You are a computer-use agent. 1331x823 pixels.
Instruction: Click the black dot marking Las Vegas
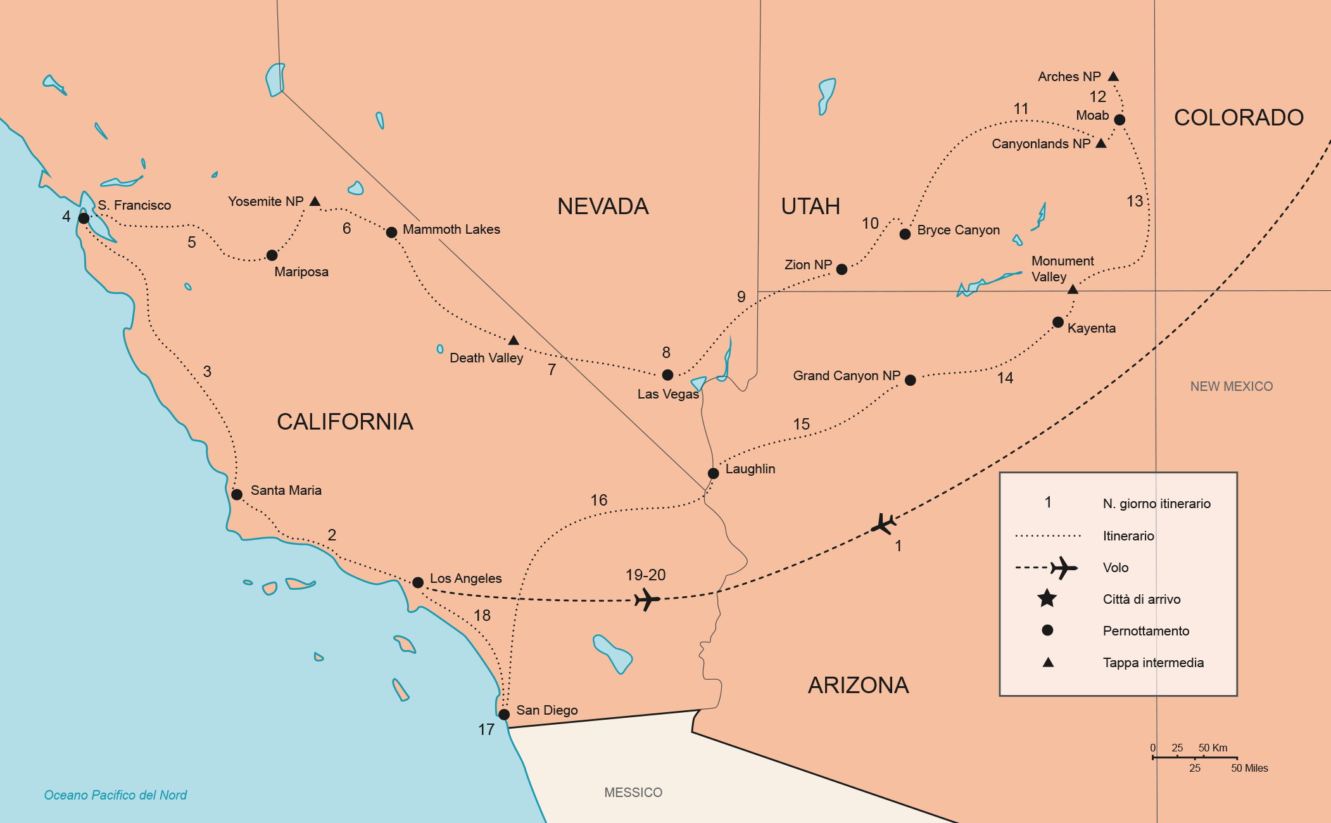coord(667,374)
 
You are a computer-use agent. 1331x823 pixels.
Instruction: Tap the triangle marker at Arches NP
coord(1113,77)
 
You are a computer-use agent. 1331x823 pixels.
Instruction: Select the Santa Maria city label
coord(286,490)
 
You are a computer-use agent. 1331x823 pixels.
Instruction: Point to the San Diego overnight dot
coord(504,715)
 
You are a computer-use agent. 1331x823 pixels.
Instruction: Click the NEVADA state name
coord(603,207)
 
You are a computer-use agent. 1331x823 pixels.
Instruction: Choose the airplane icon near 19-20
coord(647,599)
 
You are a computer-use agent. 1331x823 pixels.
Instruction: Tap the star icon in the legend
coord(1047,598)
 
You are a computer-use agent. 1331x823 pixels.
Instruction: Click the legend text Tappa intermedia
coord(1153,663)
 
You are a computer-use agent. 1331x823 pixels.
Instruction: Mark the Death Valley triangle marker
coord(514,341)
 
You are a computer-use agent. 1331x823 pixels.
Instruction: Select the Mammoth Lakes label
coord(451,229)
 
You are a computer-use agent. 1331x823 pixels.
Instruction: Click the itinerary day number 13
coord(1135,201)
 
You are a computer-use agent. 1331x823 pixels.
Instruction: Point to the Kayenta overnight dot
coord(1057,322)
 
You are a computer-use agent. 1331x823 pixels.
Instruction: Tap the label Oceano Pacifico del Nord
coord(115,795)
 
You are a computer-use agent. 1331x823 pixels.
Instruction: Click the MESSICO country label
coord(633,793)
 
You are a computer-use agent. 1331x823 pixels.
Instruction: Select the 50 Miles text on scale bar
coord(1249,769)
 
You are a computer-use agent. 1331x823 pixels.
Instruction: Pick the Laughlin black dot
coord(713,473)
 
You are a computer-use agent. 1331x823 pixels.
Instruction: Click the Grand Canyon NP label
coord(846,376)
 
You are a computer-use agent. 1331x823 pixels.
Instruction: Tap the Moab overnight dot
coord(1120,120)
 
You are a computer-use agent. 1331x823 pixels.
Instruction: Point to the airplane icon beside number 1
coord(883,524)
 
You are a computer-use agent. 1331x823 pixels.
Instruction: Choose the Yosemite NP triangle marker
coord(315,201)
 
